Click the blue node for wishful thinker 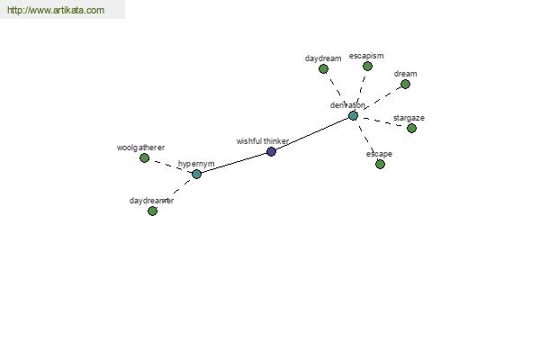272,151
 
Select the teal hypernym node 196,174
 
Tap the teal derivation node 353,116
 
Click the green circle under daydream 323,69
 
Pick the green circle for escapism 367,66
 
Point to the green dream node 405,84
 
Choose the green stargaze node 411,128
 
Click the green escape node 380,165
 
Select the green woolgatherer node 145,158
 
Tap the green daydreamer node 152,211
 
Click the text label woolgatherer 140,148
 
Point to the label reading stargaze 409,118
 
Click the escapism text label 366,56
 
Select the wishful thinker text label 263,141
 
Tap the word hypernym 196,164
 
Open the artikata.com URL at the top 56,10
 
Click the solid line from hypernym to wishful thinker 234,163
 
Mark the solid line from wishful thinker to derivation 312,134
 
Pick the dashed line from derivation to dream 379,100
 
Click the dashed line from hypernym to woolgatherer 170,166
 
